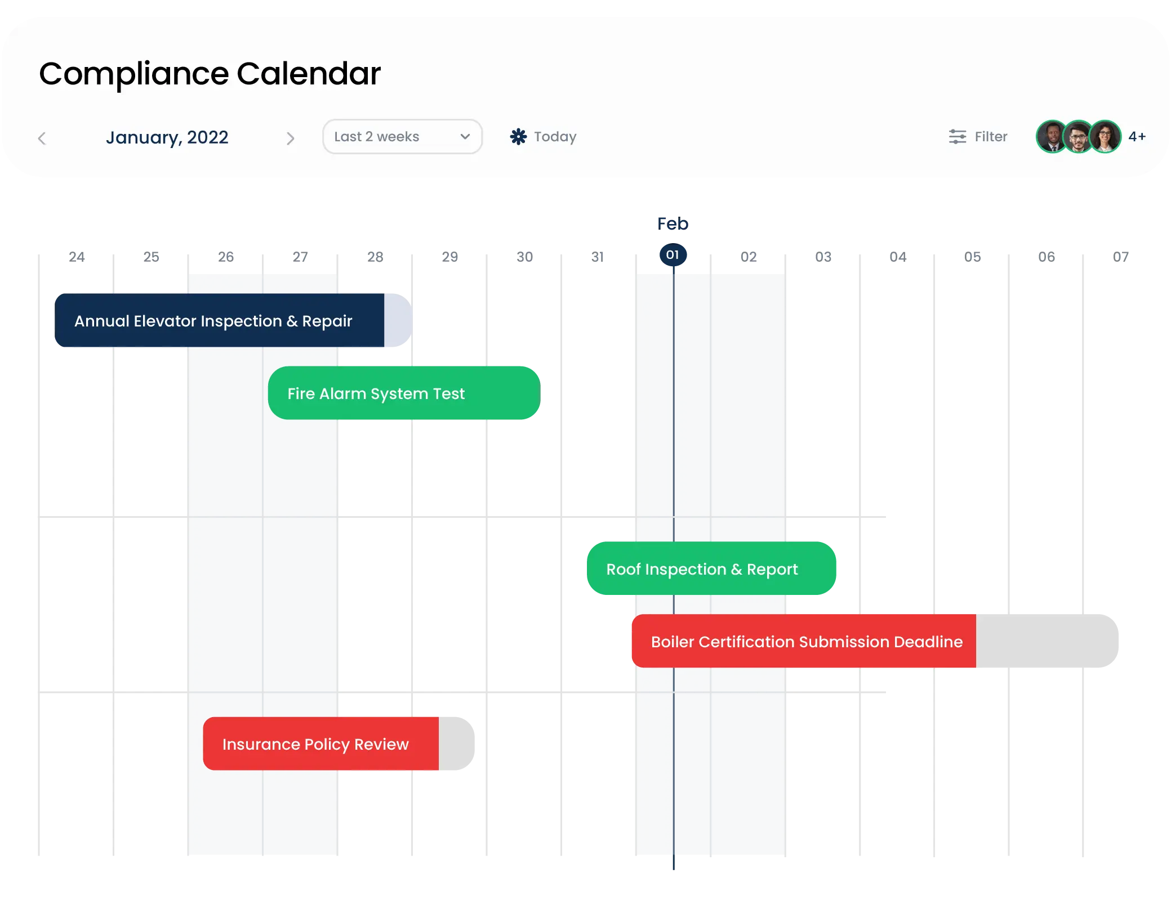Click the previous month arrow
(x=42, y=138)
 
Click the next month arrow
(x=290, y=138)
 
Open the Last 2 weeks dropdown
(x=402, y=137)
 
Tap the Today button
(x=543, y=137)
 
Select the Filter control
(x=978, y=137)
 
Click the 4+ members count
(x=1137, y=137)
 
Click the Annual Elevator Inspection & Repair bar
(x=233, y=320)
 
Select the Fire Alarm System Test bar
(x=404, y=393)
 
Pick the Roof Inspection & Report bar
(x=711, y=568)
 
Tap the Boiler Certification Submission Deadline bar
(x=875, y=641)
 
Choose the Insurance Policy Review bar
(x=339, y=744)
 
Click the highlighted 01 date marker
(x=673, y=255)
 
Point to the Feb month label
(x=673, y=224)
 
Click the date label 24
(x=77, y=257)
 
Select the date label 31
(x=598, y=257)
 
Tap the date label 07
(x=1121, y=257)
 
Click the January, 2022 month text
(x=167, y=138)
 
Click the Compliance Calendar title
(x=210, y=74)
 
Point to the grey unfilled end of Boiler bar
(x=1047, y=641)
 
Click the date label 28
(x=375, y=257)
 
